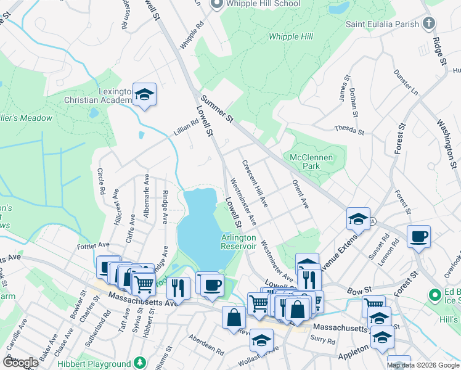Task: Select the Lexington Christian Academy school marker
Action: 145,94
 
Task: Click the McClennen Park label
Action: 311,162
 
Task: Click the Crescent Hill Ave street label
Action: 255,183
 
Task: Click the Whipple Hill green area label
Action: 291,36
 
